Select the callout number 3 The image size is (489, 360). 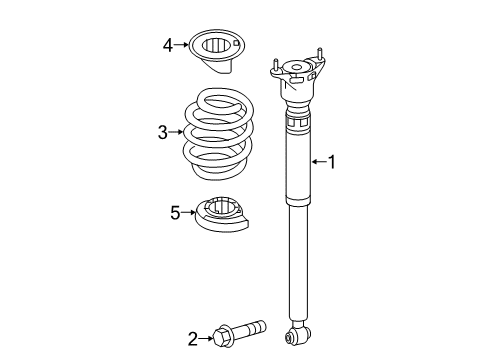pos(163,131)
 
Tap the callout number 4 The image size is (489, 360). pos(169,44)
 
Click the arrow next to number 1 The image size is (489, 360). pos(319,161)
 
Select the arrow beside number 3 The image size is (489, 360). pos(178,131)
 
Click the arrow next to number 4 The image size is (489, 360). pos(184,44)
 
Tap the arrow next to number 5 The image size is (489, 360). pos(188,212)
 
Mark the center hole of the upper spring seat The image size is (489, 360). pos(217,44)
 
